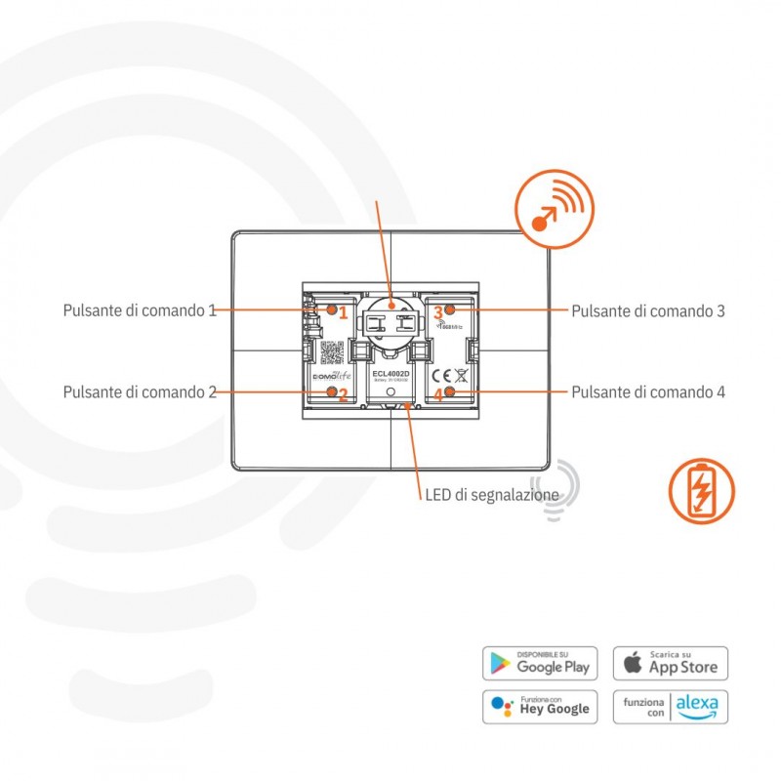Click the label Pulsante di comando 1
coord(140,311)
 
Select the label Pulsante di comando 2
coord(140,392)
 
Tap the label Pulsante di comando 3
coord(648,311)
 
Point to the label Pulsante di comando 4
coord(648,392)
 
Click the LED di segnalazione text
coord(492,495)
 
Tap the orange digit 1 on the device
coord(344,312)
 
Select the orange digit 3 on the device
coord(438,312)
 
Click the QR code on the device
coord(332,352)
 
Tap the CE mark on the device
coord(440,375)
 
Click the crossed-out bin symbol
coord(461,375)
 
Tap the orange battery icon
coord(702,491)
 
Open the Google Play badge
coord(540,663)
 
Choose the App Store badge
coord(671,663)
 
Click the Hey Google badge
coord(540,706)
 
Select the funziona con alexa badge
coord(671,706)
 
